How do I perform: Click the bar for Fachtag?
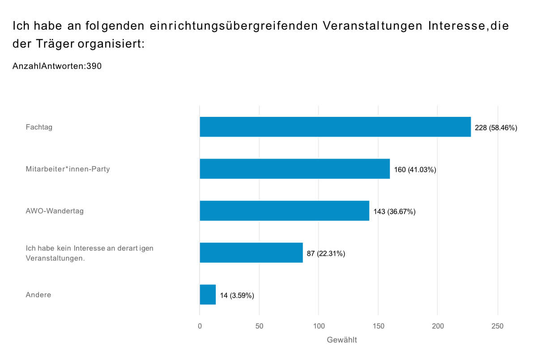click(335, 127)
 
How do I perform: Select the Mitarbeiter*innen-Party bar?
click(294, 169)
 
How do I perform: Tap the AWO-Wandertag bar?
click(284, 210)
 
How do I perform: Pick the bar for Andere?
click(208, 295)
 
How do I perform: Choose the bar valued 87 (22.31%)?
click(251, 253)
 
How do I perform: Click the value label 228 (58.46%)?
click(496, 128)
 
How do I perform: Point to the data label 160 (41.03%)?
click(415, 170)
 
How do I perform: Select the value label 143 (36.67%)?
click(394, 211)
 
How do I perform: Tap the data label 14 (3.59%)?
click(237, 296)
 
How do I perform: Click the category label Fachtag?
click(39, 127)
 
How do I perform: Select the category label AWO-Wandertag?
click(55, 211)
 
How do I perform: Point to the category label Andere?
click(38, 295)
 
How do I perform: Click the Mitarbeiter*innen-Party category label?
click(68, 169)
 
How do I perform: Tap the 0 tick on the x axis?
click(200, 326)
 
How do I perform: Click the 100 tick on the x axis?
click(319, 326)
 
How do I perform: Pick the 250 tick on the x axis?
click(497, 326)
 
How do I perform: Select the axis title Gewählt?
click(342, 340)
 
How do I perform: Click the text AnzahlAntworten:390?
click(57, 66)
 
